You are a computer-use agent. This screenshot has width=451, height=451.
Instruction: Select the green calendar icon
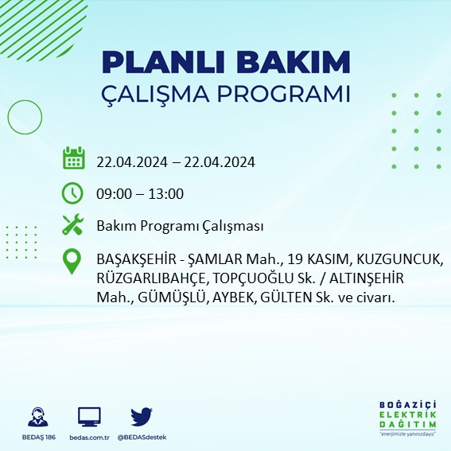click(x=73, y=158)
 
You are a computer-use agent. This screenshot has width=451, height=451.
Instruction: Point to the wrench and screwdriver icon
click(x=73, y=225)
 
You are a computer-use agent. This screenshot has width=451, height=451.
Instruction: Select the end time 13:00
click(x=167, y=193)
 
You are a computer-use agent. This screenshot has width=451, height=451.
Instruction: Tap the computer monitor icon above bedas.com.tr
click(x=89, y=416)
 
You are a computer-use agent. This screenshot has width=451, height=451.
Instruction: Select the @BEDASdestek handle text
click(x=142, y=437)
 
